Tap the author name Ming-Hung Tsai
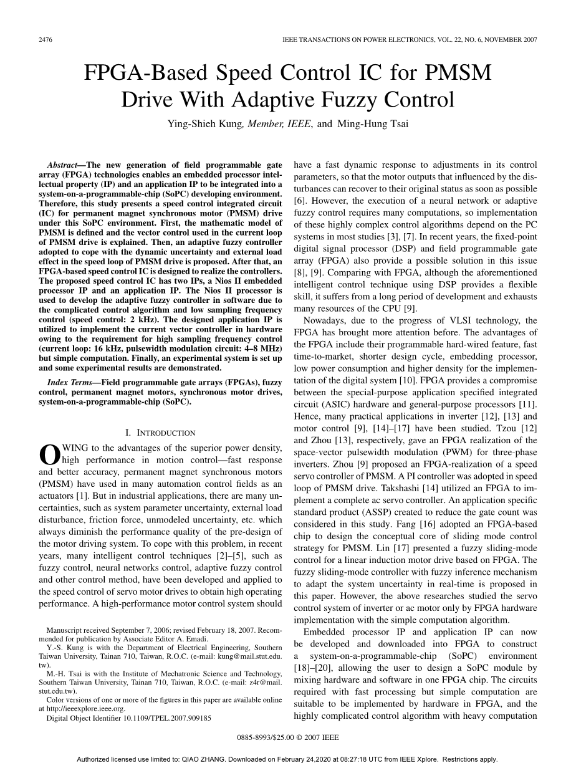[373, 123]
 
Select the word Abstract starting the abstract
[62, 165]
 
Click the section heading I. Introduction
[160, 433]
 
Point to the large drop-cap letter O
[49, 453]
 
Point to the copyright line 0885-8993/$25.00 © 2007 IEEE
[288, 737]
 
